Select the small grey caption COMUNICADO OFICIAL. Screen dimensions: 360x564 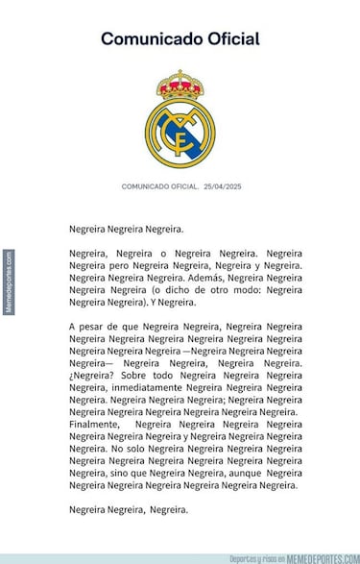click(159, 186)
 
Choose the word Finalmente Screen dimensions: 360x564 click(95, 423)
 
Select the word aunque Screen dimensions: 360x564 click(241, 473)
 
